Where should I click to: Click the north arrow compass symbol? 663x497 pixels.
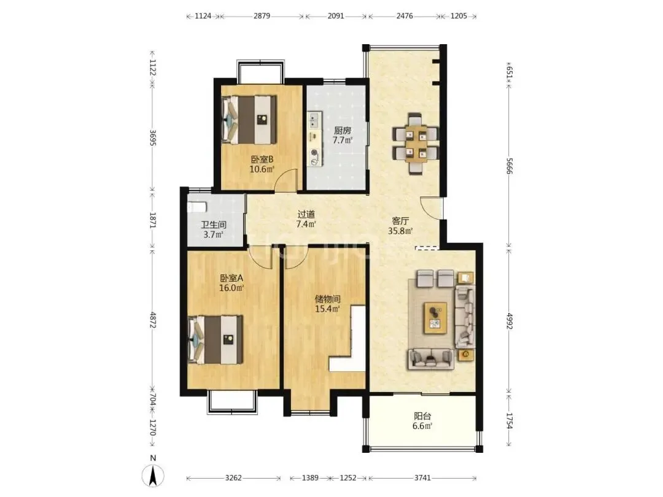tap(153, 474)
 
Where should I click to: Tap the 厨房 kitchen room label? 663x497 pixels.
tap(343, 131)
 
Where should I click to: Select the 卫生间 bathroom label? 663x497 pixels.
tap(214, 225)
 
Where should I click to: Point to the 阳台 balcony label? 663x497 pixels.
tap(422, 416)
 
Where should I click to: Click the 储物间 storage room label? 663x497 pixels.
tap(327, 299)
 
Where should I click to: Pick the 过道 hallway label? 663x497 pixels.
tap(306, 215)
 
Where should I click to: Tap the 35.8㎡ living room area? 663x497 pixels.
tap(400, 231)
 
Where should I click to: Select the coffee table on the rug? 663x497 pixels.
tap(435, 318)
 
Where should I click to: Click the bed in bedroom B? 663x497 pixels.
tap(249, 120)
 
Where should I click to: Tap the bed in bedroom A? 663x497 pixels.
tap(215, 339)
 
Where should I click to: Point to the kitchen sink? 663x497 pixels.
tap(314, 120)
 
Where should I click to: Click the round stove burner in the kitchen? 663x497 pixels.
tap(314, 153)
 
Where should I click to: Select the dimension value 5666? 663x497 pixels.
tap(509, 166)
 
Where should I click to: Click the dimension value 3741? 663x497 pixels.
tap(422, 477)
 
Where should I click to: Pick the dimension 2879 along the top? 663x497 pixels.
tap(262, 16)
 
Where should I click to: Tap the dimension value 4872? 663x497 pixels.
tap(153, 320)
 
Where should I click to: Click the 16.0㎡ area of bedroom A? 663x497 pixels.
tap(231, 288)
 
